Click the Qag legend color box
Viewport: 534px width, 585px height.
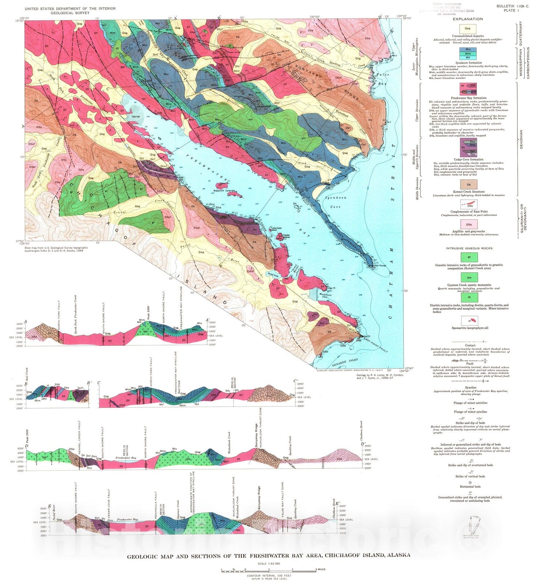click(x=467, y=28)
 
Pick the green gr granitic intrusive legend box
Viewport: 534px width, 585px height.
click(x=469, y=257)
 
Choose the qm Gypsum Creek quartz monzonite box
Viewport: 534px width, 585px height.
click(x=469, y=277)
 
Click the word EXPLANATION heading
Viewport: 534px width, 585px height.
click(x=467, y=19)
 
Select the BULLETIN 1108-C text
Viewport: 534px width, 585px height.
click(x=512, y=6)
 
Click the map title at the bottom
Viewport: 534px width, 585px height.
click(x=268, y=555)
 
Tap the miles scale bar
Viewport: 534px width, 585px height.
click(x=268, y=570)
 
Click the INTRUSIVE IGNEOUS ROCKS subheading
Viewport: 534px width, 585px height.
click(x=469, y=248)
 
